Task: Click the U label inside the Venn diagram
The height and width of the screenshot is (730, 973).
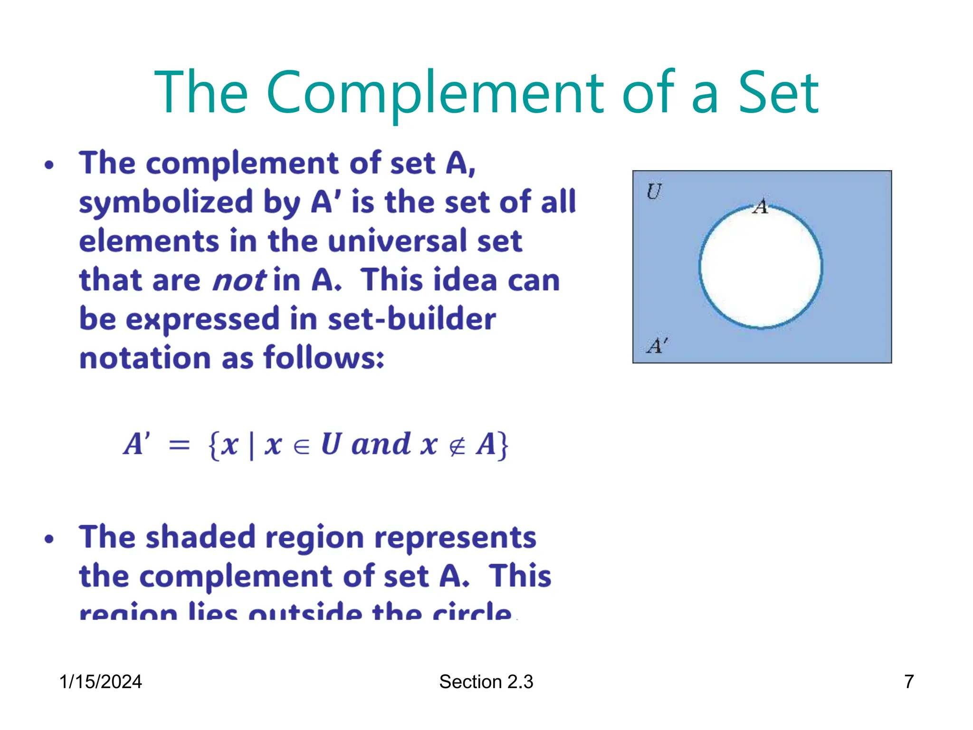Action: (x=654, y=192)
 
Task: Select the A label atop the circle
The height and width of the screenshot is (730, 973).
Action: (x=761, y=206)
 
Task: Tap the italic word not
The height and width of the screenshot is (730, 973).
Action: (x=239, y=280)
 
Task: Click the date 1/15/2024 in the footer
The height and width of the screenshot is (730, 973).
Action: (x=100, y=682)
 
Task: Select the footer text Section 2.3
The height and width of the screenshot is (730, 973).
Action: (x=486, y=682)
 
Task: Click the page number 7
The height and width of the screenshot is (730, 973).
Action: (x=909, y=682)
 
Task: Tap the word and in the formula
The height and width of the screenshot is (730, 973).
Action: (x=381, y=444)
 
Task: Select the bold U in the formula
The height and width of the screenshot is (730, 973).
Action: (x=331, y=444)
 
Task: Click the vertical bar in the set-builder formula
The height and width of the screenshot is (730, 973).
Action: (x=251, y=446)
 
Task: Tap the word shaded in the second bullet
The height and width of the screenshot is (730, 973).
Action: (x=200, y=537)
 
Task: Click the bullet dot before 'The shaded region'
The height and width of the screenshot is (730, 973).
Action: (x=49, y=539)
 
